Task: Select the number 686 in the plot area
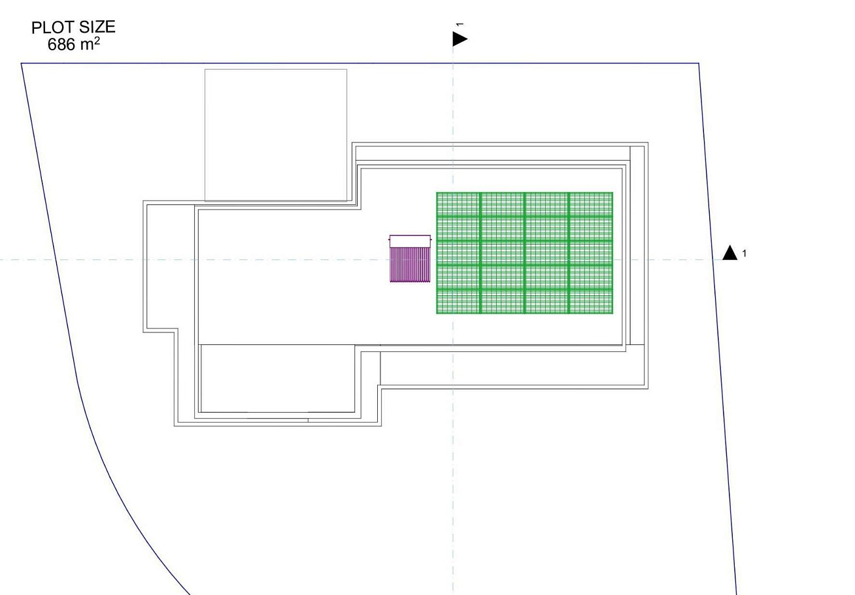(x=61, y=45)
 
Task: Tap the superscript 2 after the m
(x=97, y=40)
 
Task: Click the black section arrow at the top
(x=460, y=39)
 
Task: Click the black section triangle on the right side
(x=729, y=253)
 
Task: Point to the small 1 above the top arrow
(x=460, y=25)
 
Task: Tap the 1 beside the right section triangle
(x=745, y=253)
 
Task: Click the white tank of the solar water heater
(x=410, y=241)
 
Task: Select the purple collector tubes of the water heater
(x=410, y=265)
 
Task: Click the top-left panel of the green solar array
(x=458, y=204)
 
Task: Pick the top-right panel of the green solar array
(x=591, y=204)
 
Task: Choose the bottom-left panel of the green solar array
(x=458, y=301)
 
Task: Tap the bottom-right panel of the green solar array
(x=591, y=301)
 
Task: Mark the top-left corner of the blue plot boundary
(x=22, y=63)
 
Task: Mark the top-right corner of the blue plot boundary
(x=699, y=63)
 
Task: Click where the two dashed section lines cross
(x=453, y=259)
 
